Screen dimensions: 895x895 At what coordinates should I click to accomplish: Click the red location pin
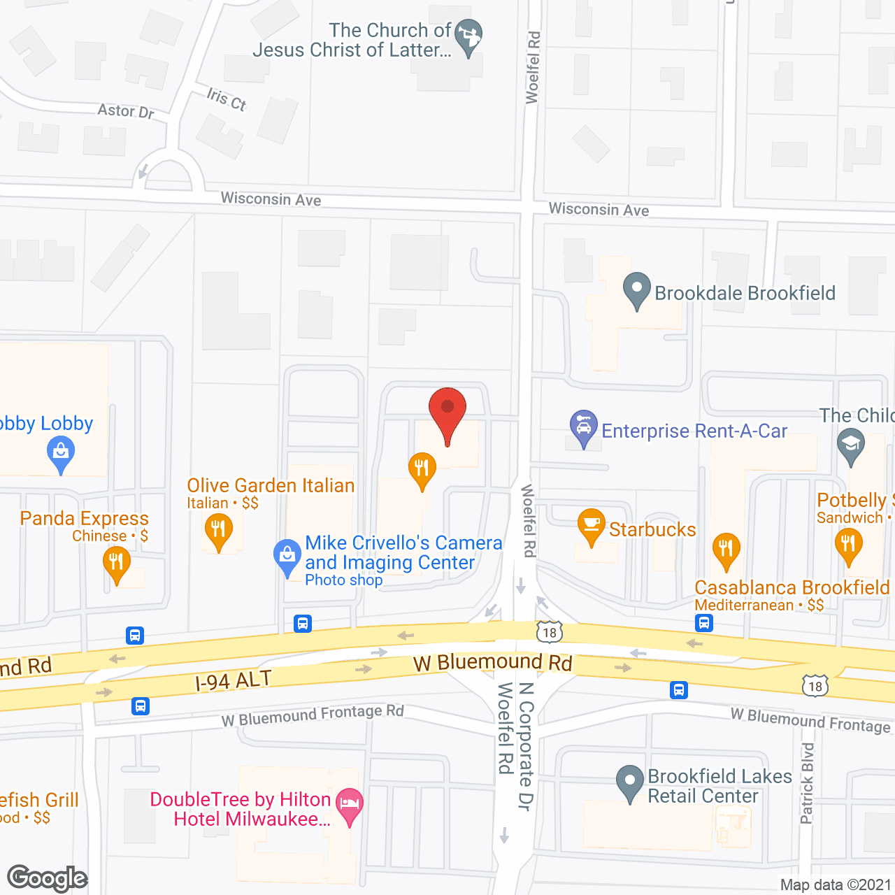[447, 413]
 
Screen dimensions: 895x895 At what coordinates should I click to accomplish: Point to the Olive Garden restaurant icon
[219, 531]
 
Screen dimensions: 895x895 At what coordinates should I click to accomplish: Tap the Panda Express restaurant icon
[117, 564]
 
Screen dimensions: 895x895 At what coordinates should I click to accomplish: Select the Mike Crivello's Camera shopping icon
[287, 557]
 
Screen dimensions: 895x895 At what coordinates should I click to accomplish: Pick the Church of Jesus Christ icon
[468, 36]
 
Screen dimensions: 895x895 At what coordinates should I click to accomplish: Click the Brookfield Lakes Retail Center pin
[629, 782]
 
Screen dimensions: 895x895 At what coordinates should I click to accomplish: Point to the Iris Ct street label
[227, 99]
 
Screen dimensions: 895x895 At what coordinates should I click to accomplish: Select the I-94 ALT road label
[233, 680]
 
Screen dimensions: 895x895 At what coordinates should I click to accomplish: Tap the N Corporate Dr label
[526, 745]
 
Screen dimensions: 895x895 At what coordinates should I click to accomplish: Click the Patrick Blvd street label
[807, 783]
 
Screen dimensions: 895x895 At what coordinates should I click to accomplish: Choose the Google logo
[48, 878]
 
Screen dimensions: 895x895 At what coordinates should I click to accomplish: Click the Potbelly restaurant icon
[848, 545]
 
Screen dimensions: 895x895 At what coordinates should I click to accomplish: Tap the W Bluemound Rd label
[493, 662]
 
